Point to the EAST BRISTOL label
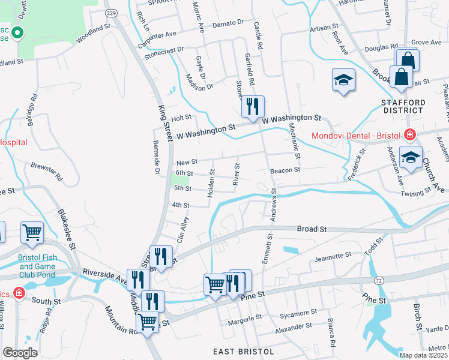click(x=244, y=351)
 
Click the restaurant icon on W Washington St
click(x=253, y=107)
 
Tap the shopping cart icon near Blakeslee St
click(x=32, y=233)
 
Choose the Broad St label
click(x=312, y=229)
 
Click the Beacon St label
click(x=285, y=170)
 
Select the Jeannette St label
click(x=333, y=256)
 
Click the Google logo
click(x=20, y=353)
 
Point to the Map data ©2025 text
click(x=423, y=355)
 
